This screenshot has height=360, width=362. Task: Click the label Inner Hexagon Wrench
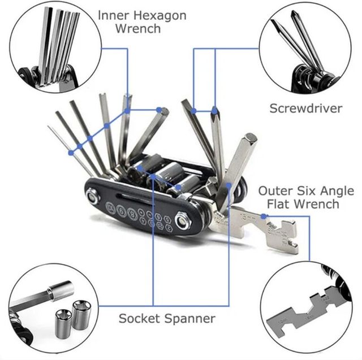(x=141, y=21)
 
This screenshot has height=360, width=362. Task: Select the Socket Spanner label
(x=167, y=318)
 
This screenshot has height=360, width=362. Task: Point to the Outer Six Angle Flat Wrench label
(x=299, y=197)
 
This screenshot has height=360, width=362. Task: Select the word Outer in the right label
(x=275, y=190)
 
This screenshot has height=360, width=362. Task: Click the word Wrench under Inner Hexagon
(x=138, y=28)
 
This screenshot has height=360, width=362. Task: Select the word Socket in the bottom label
(x=139, y=318)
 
